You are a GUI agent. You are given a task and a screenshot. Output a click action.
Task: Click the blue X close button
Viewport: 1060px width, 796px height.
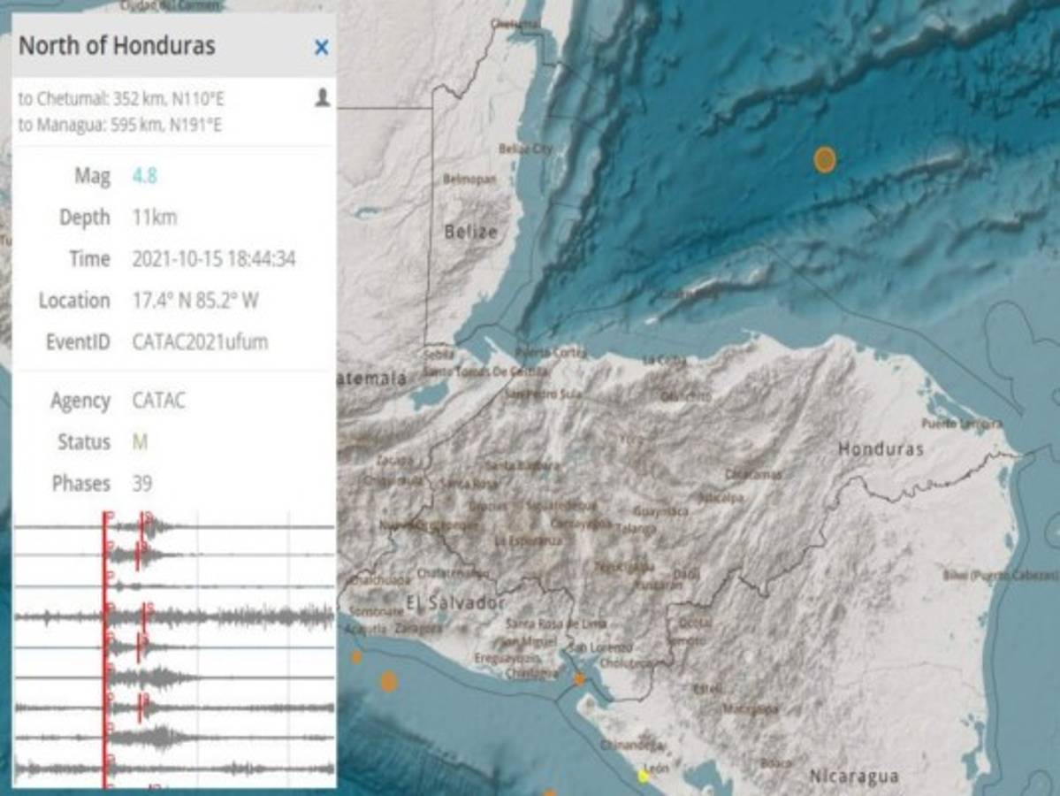pos(321,48)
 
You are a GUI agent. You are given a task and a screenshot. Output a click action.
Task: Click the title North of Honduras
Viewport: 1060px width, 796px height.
pos(117,46)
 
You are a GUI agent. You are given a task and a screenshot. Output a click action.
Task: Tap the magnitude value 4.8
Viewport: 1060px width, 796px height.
pos(144,176)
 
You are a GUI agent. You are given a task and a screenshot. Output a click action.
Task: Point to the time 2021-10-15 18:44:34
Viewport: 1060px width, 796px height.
pos(213,259)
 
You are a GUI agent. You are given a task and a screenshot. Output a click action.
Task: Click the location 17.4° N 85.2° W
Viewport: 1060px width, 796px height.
pos(195,301)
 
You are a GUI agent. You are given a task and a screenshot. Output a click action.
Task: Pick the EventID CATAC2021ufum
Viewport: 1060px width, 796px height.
pos(200,342)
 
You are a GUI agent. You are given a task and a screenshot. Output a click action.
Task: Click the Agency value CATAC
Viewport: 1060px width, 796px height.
pos(159,401)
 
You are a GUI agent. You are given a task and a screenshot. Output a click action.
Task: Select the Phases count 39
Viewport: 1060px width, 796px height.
pos(141,484)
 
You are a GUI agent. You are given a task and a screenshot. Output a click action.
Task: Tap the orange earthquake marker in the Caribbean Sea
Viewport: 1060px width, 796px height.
pos(824,159)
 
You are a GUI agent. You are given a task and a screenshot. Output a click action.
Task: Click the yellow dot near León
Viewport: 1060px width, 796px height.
pos(644,777)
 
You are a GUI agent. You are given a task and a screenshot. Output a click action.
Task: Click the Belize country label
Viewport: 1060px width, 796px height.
pos(470,233)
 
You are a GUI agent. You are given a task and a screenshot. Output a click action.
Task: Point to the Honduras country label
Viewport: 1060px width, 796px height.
pos(881,449)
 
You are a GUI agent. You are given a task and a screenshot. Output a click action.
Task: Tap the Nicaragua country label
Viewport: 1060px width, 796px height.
pos(854,777)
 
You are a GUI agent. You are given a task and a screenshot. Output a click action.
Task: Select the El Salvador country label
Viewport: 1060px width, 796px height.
pos(455,603)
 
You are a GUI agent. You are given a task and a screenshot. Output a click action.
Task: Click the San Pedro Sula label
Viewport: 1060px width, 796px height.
pos(543,394)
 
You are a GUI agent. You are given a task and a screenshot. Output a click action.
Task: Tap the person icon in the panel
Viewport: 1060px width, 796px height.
pos(322,97)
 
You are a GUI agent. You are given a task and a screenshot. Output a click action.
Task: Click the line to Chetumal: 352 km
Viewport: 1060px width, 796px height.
pos(121,98)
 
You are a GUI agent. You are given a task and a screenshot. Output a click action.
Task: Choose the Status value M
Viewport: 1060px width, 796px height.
pos(139,442)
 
